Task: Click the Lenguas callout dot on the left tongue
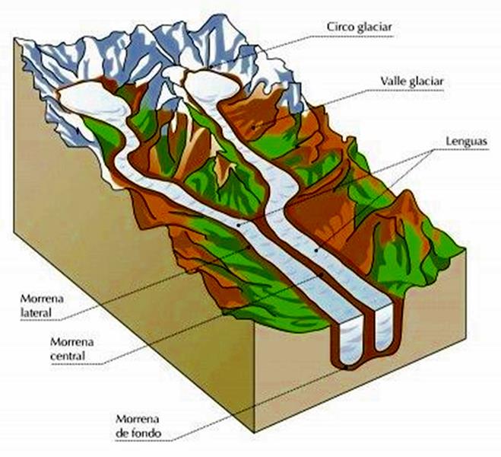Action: [241, 226]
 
